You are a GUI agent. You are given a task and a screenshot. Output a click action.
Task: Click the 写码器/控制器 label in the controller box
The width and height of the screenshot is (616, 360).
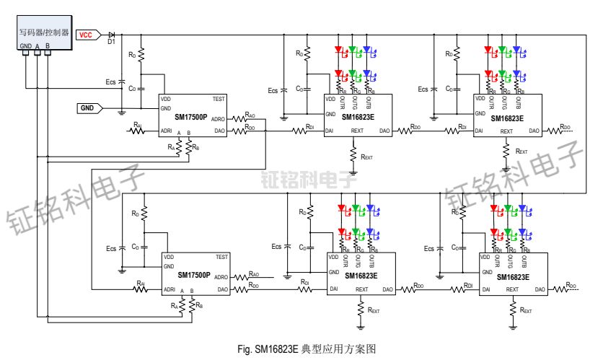(x=44, y=32)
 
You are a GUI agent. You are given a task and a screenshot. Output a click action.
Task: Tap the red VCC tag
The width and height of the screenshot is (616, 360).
(x=85, y=34)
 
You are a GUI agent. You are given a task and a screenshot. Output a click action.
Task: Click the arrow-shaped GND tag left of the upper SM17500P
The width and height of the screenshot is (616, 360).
(x=89, y=108)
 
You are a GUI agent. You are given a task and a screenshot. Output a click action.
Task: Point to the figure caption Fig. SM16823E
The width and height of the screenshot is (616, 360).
(x=307, y=348)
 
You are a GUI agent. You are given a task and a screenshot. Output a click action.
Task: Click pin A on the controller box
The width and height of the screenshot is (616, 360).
(x=37, y=45)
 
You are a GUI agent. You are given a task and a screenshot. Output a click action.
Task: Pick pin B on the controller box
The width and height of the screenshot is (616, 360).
(x=48, y=45)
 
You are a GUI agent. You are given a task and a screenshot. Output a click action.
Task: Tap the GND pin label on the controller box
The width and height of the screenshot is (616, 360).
(x=25, y=45)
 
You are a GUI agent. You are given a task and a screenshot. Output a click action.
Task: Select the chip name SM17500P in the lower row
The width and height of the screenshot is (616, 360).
(x=194, y=275)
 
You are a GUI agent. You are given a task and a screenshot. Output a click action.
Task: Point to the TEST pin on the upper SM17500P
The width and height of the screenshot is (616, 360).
(x=221, y=99)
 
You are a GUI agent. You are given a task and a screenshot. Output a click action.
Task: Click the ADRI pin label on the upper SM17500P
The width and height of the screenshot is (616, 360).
(x=167, y=131)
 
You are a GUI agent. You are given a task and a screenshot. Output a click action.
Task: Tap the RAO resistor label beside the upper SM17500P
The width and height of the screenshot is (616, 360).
(x=250, y=114)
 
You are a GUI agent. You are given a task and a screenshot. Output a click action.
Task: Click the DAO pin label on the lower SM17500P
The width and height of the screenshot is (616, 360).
(x=222, y=289)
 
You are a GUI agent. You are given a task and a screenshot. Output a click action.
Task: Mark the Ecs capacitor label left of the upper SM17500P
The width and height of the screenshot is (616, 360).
(x=110, y=82)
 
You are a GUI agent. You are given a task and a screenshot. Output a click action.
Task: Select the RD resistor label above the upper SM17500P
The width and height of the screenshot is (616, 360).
(x=131, y=55)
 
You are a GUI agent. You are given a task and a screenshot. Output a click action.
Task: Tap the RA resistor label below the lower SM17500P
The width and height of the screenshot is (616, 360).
(x=174, y=305)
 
